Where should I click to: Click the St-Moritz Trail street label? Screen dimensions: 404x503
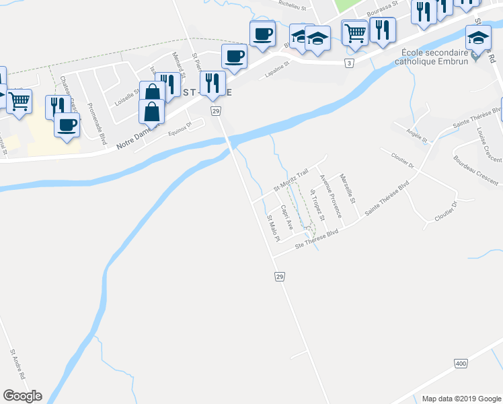pos(290,179)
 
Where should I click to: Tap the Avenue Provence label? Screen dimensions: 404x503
pos(330,196)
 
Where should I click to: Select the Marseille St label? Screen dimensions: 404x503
pos(348,191)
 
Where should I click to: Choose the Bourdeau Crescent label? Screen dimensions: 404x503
pos(476,171)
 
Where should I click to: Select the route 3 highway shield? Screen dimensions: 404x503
pos(349,63)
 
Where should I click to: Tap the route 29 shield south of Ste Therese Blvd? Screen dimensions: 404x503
pos(279,277)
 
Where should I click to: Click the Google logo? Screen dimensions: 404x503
pos(22,396)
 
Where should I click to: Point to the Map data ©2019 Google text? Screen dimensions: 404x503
pos(461,398)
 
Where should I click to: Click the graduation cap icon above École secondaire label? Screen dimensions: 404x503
pos(478,38)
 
